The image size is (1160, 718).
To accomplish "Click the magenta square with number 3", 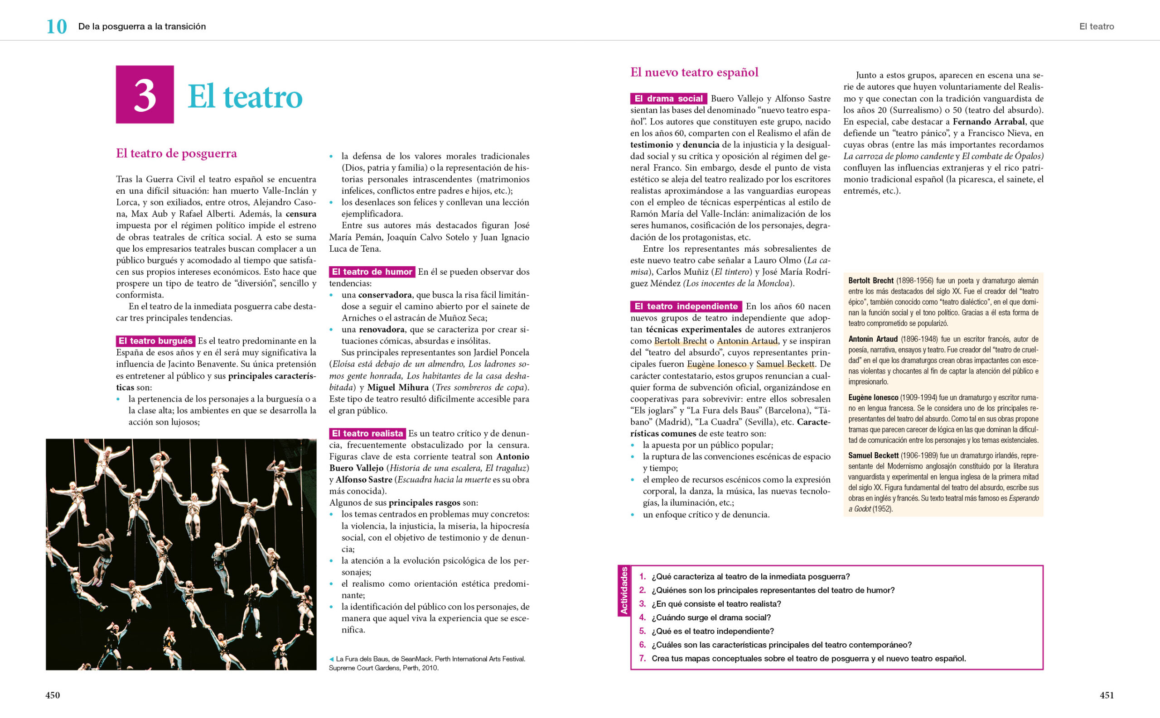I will pyautogui.click(x=145, y=95).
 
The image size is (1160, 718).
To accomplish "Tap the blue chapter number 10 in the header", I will pyautogui.click(x=57, y=27).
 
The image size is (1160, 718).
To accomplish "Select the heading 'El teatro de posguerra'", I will pyautogui.click(x=176, y=153).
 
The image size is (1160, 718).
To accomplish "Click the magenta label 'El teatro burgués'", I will pyautogui.click(x=155, y=341).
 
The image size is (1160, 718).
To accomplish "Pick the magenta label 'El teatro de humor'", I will pyautogui.click(x=372, y=272).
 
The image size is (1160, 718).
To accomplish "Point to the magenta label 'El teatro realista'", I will pyautogui.click(x=367, y=433).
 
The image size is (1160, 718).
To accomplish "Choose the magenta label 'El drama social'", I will pyautogui.click(x=668, y=99).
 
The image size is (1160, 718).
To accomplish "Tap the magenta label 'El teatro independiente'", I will pyautogui.click(x=686, y=306).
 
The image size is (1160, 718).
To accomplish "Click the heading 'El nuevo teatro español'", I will pyautogui.click(x=694, y=72).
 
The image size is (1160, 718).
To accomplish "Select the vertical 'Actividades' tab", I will pyautogui.click(x=624, y=591).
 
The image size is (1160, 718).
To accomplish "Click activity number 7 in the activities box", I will pyautogui.click(x=643, y=659).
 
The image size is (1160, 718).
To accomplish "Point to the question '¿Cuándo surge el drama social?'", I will pyautogui.click(x=711, y=617).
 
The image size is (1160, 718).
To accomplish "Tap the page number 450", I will pyautogui.click(x=53, y=695).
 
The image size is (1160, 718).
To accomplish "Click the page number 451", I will pyautogui.click(x=1107, y=695).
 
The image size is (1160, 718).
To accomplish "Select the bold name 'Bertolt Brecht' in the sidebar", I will pyautogui.click(x=870, y=281).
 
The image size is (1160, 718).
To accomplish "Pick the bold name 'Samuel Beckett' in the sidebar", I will pyautogui.click(x=873, y=455).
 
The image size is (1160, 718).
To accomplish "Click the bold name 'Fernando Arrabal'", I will pyautogui.click(x=988, y=122).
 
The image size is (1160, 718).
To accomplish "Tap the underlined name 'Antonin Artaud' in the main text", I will pyautogui.click(x=747, y=341).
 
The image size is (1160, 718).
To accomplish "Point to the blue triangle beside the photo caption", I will pyautogui.click(x=331, y=659).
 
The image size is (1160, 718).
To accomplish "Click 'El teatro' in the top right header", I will pyautogui.click(x=1096, y=27).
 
